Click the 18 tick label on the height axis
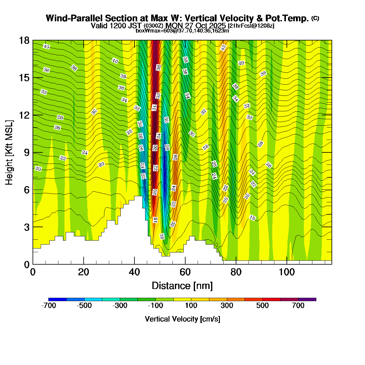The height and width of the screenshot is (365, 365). pyautogui.click(x=25, y=40)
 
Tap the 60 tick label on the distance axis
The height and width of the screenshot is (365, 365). pyautogui.click(x=185, y=272)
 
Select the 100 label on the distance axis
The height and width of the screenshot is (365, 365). pyautogui.click(x=287, y=272)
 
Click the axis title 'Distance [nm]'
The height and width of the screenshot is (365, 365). pyautogui.click(x=182, y=286)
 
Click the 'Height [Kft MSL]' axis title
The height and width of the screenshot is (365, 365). pyautogui.click(x=9, y=152)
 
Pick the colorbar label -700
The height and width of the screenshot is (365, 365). pyautogui.click(x=48, y=306)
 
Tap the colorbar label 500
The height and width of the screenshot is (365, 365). pyautogui.click(x=262, y=306)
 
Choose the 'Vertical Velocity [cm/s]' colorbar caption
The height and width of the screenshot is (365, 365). pyautogui.click(x=182, y=319)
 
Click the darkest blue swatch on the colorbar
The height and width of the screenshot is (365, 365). pyautogui.click(x=57, y=299)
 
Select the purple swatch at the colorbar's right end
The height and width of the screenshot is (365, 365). pyautogui.click(x=307, y=299)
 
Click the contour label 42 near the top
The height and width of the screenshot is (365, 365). pyautogui.click(x=224, y=47)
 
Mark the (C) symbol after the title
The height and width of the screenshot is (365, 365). pyautogui.click(x=315, y=18)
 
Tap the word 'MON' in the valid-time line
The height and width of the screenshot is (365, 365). pyautogui.click(x=173, y=26)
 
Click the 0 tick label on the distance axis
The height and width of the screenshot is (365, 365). pyautogui.click(x=33, y=272)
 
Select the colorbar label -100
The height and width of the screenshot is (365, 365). pyautogui.click(x=155, y=306)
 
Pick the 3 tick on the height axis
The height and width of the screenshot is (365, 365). pyautogui.click(x=27, y=227)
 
